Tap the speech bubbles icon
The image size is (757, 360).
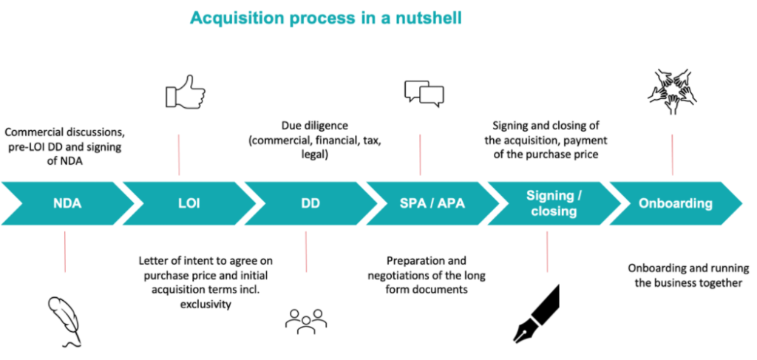[x=424, y=93]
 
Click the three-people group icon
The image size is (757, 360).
[x=306, y=321]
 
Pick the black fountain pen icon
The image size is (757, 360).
[x=535, y=313]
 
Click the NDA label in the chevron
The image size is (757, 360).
[x=67, y=203]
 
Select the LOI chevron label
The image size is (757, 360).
[x=189, y=203]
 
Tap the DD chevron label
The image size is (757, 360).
[x=310, y=203]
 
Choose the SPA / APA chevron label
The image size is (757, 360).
[x=432, y=203]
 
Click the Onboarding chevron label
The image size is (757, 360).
[x=676, y=203]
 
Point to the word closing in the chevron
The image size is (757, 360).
[x=554, y=211]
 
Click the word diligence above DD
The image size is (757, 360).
[x=327, y=126]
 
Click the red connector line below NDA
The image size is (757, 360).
[x=65, y=252]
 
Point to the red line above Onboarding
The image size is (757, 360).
[x=672, y=155]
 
